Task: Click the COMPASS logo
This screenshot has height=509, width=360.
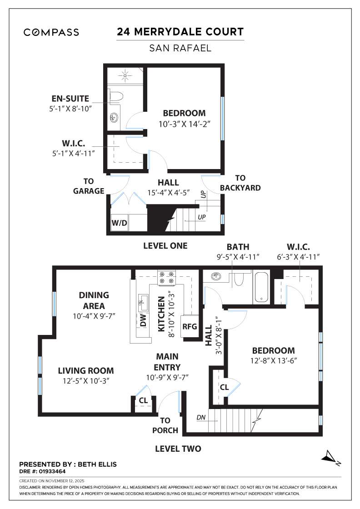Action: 51,32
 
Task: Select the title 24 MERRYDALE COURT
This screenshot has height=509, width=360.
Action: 180,32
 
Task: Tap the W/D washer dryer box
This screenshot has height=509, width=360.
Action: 119,223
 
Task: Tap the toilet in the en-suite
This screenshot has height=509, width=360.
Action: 116,97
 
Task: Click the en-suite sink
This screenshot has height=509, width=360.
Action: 114,118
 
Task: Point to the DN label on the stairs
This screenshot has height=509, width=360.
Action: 201,417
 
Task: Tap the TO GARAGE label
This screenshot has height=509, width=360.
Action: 89,186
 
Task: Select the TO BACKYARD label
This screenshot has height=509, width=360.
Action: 240,183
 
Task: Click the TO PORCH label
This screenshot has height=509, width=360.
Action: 165,425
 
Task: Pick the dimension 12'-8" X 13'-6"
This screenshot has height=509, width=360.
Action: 273,361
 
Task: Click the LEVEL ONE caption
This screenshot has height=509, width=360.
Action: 165,245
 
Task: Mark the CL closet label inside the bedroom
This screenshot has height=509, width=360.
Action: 224,387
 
